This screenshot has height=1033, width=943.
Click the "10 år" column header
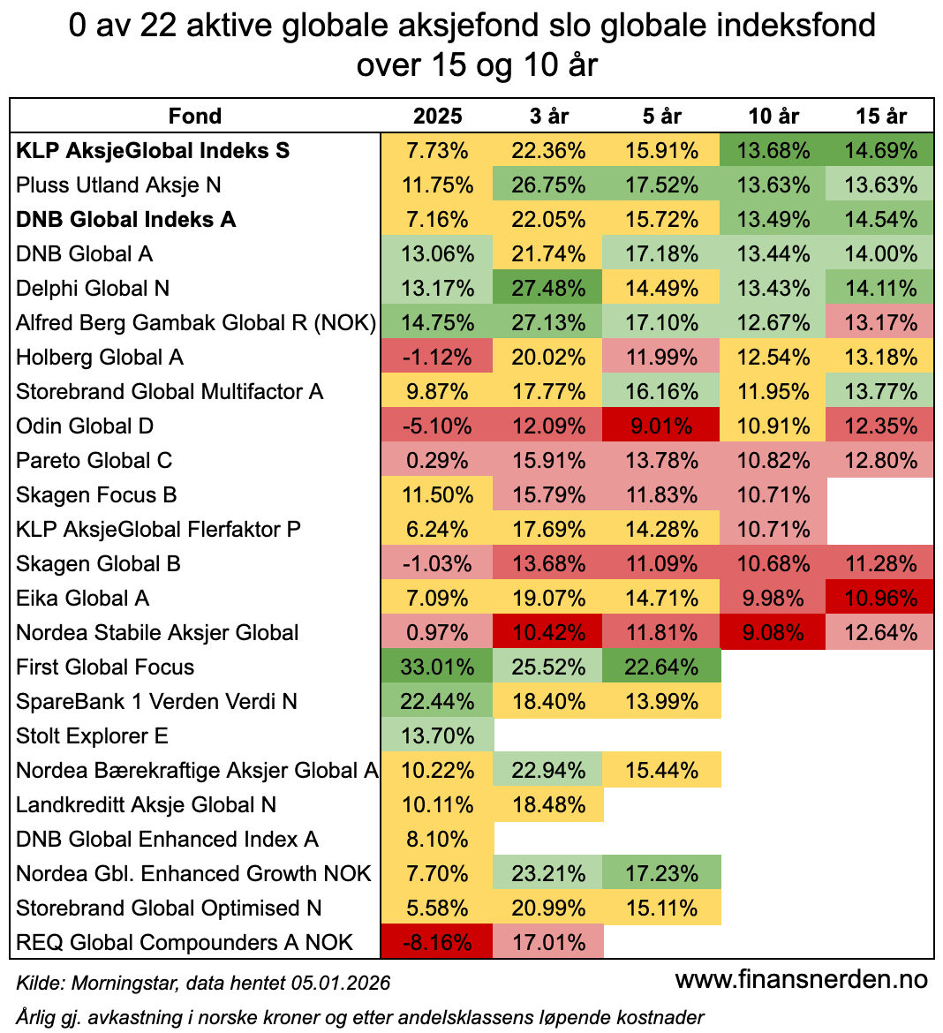(773, 116)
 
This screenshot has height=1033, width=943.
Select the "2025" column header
(438, 116)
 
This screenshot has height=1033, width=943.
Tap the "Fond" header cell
(195, 116)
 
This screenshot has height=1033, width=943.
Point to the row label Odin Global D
(85, 426)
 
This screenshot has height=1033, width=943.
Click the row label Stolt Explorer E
(92, 736)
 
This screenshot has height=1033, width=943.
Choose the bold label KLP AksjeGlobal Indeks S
(153, 151)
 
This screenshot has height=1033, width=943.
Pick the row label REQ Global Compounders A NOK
(185, 943)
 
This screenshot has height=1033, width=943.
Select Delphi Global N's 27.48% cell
(548, 289)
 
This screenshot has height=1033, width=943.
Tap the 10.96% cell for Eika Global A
(880, 599)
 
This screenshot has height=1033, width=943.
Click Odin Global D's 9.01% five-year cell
(661, 426)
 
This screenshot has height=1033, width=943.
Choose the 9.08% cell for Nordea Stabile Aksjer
(773, 633)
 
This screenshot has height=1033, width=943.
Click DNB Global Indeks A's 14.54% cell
(880, 220)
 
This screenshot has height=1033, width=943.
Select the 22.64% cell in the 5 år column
(661, 667)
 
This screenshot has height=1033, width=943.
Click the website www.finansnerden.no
(802, 979)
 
